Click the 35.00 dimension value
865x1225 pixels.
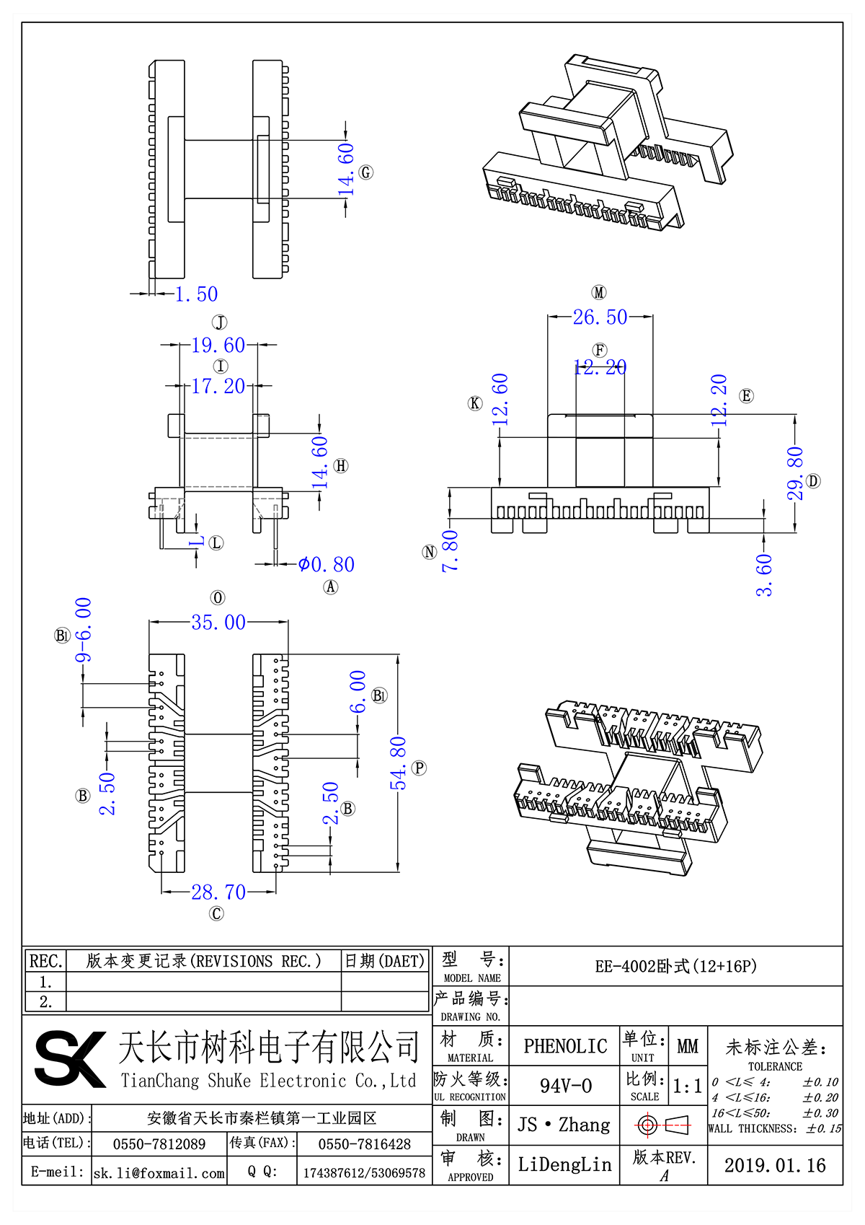[218, 622]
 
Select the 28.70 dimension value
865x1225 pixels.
[218, 892]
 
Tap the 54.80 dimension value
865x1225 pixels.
[399, 763]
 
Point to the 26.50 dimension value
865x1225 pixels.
[600, 317]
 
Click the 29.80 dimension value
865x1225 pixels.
[794, 473]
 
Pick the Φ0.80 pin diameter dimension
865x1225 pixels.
[327, 564]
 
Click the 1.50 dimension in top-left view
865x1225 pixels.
[196, 294]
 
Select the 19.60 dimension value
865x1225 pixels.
[218, 346]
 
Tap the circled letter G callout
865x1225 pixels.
[366, 172]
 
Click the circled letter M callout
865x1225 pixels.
[599, 292]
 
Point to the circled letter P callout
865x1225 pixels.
[420, 768]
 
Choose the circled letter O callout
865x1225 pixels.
[218, 598]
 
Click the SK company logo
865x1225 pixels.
[70, 1058]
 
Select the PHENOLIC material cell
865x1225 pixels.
[565, 1046]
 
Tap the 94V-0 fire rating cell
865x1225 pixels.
[565, 1086]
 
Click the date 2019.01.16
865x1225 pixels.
[775, 1165]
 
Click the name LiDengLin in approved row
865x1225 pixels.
[564, 1164]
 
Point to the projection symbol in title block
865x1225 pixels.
[663, 1125]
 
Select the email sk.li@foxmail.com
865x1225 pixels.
[159, 1173]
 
